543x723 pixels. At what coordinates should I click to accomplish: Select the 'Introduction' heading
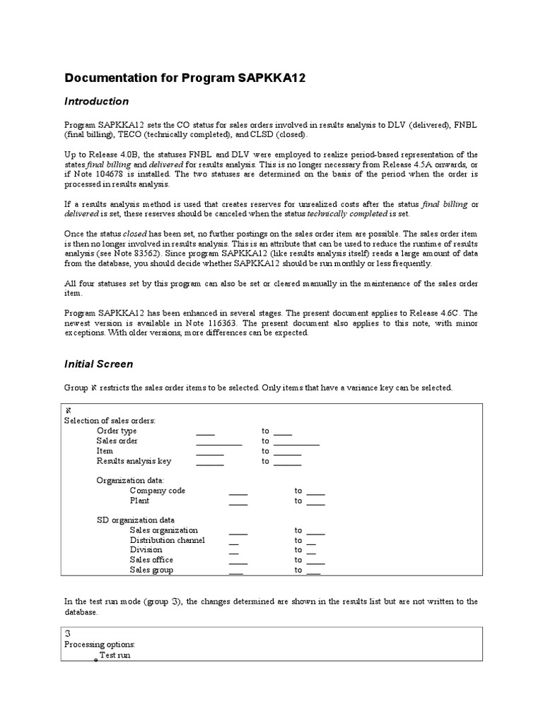(97, 102)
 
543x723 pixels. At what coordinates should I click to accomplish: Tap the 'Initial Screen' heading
(98, 364)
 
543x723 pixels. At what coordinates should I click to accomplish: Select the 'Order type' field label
(117, 431)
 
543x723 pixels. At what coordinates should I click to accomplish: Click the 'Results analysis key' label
(134, 461)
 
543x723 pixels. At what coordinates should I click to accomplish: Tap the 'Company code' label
(157, 490)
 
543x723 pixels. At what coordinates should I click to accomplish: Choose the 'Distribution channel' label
(167, 540)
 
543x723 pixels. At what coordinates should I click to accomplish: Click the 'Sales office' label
(151, 560)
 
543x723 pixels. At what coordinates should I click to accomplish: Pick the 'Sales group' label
(151, 570)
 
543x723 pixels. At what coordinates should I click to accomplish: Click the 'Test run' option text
(115, 655)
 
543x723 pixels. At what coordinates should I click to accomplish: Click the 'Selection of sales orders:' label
(110, 421)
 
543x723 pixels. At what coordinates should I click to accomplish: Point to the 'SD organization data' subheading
(136, 520)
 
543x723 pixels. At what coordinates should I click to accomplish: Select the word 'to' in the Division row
(298, 550)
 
